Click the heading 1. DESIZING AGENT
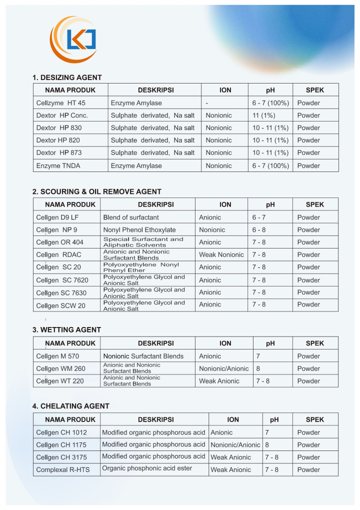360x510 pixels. point(67,77)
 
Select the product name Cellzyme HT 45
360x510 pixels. point(61,103)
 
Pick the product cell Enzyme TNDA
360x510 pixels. point(58,165)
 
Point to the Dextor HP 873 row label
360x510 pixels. point(59,152)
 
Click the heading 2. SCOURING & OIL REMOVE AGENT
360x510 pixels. point(97,191)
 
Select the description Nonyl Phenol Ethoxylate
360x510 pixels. point(139,230)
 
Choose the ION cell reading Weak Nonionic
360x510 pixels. point(221,254)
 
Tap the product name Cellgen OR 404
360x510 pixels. point(60,242)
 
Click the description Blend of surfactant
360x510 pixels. point(131,217)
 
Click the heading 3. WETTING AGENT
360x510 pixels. point(66,330)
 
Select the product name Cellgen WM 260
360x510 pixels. point(61,368)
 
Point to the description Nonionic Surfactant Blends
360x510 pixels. point(143,356)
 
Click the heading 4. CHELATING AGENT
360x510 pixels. point(70,406)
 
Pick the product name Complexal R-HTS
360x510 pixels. point(63,470)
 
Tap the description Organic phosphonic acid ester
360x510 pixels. point(147,468)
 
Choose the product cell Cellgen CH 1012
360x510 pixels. point(61,432)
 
